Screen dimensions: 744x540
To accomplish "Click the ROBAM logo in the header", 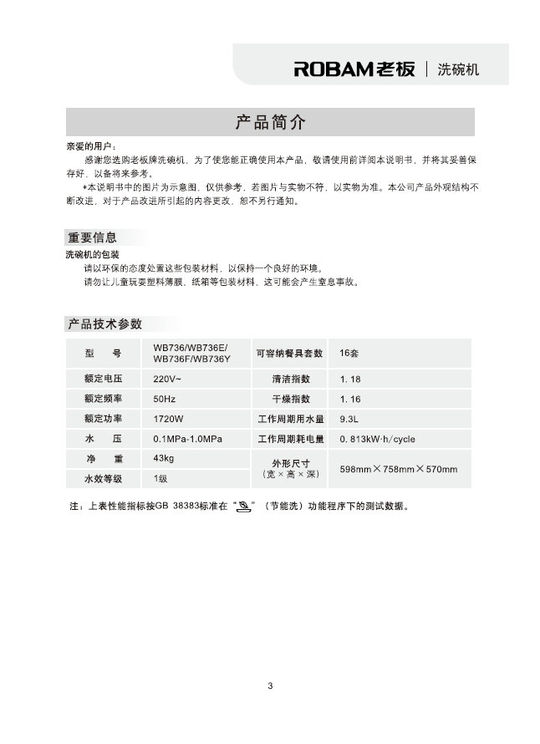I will click(x=354, y=69).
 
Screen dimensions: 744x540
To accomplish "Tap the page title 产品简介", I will click(x=270, y=123).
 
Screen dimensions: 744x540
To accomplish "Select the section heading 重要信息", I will click(x=92, y=237).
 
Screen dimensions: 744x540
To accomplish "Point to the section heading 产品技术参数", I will click(x=104, y=324).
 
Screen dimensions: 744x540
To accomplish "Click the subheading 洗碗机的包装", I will click(x=92, y=253).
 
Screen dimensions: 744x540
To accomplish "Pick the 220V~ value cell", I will click(x=167, y=379).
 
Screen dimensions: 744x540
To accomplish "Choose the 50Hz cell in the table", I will click(x=165, y=399).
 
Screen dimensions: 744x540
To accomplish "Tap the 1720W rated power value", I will click(x=168, y=419).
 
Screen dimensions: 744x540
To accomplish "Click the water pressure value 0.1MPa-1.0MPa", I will click(x=187, y=439).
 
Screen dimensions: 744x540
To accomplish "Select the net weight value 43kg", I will click(x=164, y=459).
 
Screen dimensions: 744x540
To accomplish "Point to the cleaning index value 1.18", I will click(x=350, y=379).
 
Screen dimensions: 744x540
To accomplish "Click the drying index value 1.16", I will click(x=350, y=399).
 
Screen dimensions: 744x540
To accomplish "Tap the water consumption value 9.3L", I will click(x=349, y=419).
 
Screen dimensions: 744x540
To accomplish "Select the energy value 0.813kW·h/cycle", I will click(x=377, y=439).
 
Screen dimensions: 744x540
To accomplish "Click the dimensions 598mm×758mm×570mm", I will click(x=398, y=469).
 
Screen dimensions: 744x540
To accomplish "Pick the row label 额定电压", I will click(x=103, y=379).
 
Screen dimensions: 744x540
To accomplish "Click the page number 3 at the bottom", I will click(x=270, y=686).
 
